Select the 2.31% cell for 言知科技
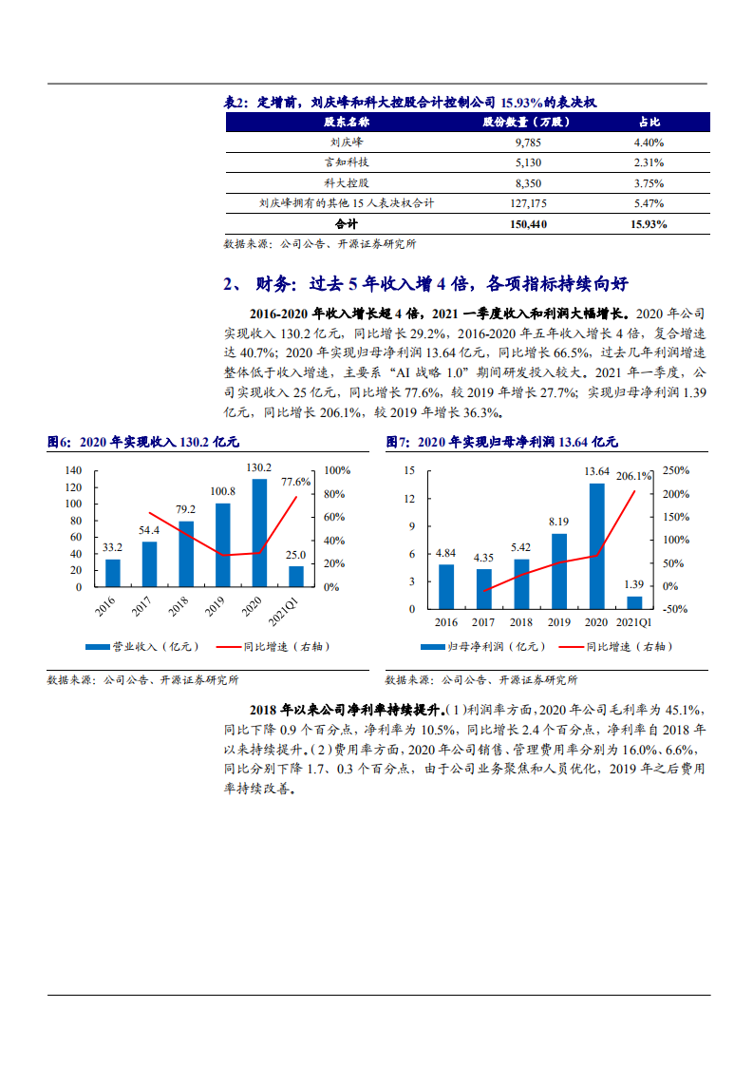pyautogui.click(x=649, y=162)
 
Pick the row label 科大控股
pyautogui.click(x=347, y=182)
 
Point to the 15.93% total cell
pyautogui.click(x=649, y=224)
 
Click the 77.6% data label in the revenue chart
pyautogui.click(x=296, y=482)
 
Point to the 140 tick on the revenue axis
pyautogui.click(x=73, y=470)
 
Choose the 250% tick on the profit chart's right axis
pyautogui.click(x=676, y=470)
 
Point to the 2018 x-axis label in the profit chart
pyautogui.click(x=521, y=622)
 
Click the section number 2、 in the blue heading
pyautogui.click(x=234, y=284)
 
